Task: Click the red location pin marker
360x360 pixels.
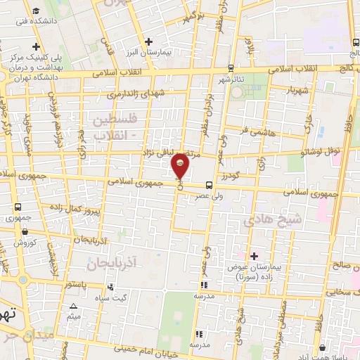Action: pos(181,166)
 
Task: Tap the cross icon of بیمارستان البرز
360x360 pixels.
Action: pos(148,41)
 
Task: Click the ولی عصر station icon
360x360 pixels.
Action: pos(199,186)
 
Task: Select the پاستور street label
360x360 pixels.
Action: pos(75,285)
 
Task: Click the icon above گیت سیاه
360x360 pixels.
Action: pos(111,288)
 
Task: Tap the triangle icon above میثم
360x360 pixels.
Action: pos(74,306)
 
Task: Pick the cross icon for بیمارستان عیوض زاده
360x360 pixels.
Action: pos(254,256)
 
